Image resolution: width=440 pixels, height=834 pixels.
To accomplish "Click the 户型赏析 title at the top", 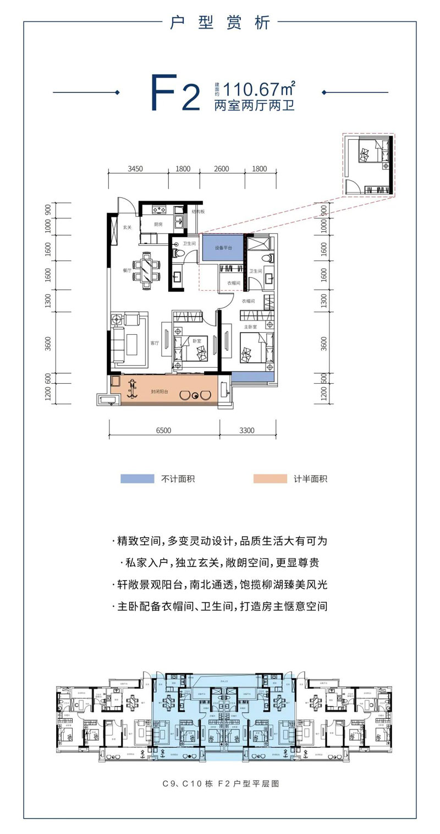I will click(x=220, y=23).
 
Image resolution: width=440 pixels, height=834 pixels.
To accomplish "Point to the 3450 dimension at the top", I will click(x=135, y=169).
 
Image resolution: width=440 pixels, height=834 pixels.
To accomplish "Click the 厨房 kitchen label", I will click(x=158, y=224).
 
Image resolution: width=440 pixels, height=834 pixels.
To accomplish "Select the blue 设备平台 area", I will click(x=222, y=248).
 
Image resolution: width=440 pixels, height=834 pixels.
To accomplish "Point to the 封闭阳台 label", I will click(x=159, y=393).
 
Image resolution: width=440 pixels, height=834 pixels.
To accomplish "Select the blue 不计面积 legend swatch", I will click(x=137, y=479).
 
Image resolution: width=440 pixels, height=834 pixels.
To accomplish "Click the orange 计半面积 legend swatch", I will click(x=270, y=479).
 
